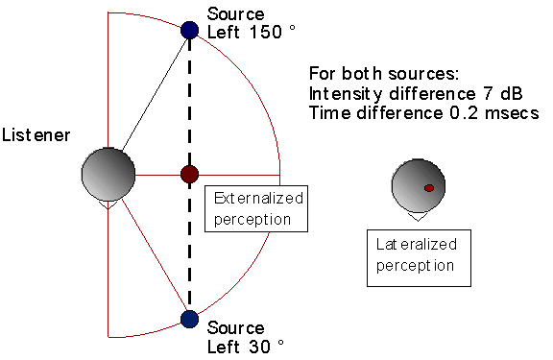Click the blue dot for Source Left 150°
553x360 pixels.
pos(189,30)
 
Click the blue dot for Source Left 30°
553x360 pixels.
pos(189,318)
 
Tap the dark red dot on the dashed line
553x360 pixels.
pos(189,174)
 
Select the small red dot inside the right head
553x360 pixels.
pos(429,186)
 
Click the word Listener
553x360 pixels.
pos(36,134)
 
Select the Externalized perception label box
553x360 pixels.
pos(254,208)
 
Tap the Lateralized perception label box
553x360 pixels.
pos(419,256)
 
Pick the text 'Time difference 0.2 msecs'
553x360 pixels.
pos(423,112)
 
